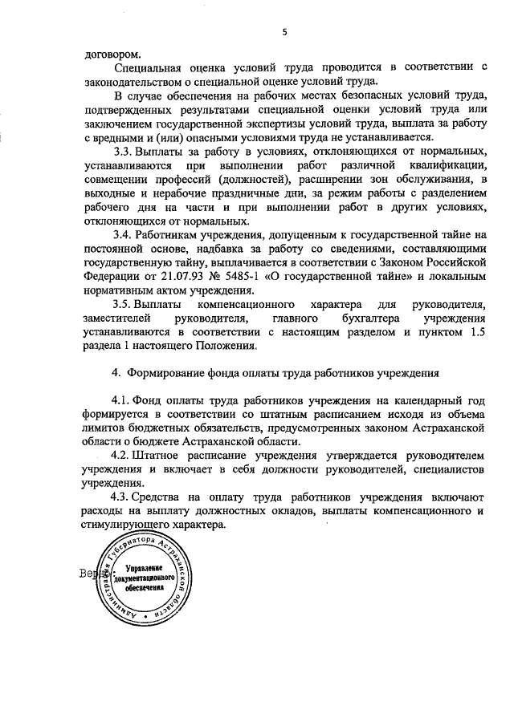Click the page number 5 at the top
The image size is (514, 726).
[x=284, y=33]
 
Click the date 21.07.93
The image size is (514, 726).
[x=153, y=276]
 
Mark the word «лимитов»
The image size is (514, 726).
[x=105, y=428]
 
